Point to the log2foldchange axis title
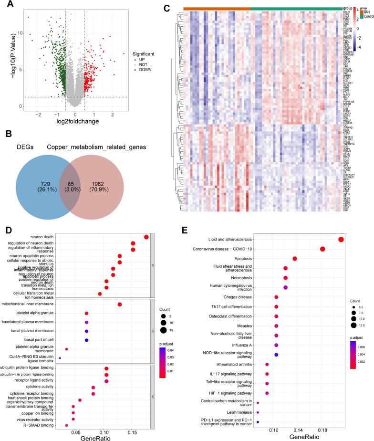[76, 122]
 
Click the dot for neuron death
[146, 237]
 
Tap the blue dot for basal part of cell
[86, 340]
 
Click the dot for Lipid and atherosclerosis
[341, 240]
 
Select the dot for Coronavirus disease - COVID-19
[322, 249]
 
